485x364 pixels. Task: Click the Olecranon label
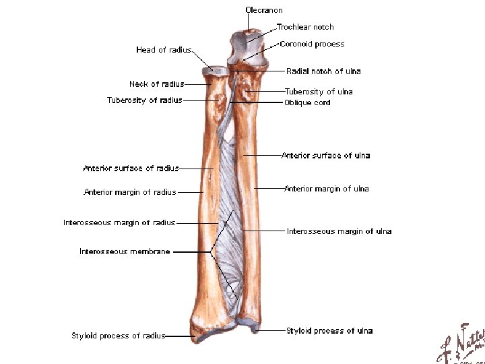pos(263,10)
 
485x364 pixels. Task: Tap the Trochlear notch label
pos(305,27)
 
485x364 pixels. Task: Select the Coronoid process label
pos(312,44)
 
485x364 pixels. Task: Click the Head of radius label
pos(164,50)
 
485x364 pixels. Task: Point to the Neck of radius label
pos(156,84)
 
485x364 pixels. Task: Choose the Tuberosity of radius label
pos(144,100)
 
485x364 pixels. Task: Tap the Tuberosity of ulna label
pos(319,91)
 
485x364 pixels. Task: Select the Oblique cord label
pos(307,102)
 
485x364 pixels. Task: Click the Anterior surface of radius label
pos(131,168)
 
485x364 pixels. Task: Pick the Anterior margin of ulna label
pos(326,189)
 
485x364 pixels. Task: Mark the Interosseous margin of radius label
pos(119,222)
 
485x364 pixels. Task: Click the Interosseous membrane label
pos(125,251)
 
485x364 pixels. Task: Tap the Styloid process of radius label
pos(118,335)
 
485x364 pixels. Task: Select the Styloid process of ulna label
pos(329,330)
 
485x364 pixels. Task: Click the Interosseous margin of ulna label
pos(339,231)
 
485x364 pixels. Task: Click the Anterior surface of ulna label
pos(325,156)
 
